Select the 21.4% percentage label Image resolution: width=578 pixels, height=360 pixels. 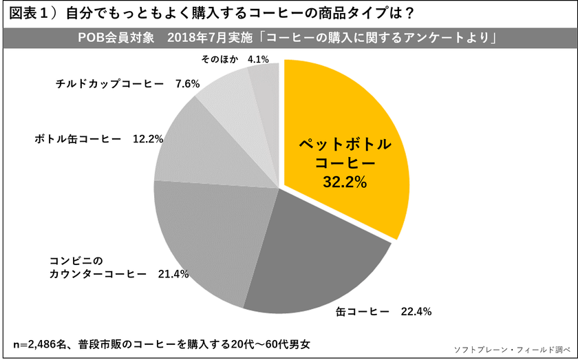[173, 273]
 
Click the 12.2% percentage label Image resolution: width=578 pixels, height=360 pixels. [147, 138]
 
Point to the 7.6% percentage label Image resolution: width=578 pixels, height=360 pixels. [187, 84]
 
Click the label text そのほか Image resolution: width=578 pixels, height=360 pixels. [220, 59]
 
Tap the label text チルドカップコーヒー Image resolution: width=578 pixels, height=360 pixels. [109, 84]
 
